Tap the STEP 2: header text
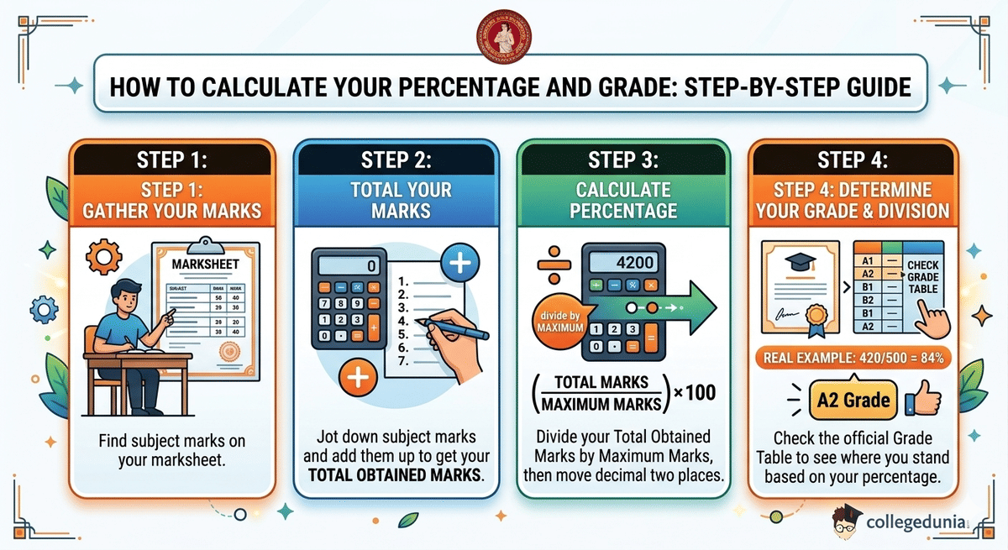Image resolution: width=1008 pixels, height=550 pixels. pyautogui.click(x=396, y=160)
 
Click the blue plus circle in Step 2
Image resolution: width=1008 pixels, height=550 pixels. pyautogui.click(x=459, y=263)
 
